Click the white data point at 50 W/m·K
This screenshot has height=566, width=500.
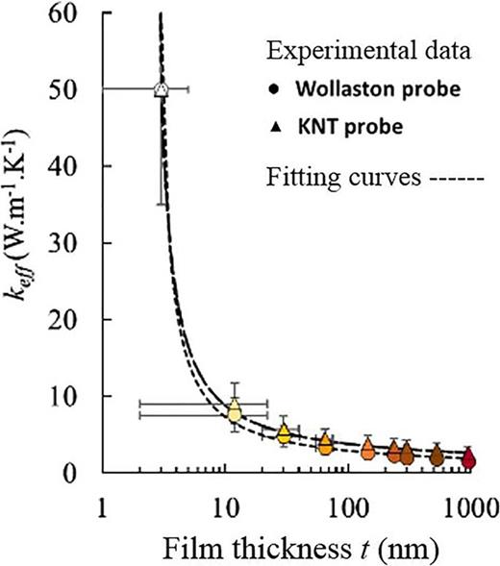(x=161, y=88)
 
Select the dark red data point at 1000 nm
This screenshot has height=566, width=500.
(x=468, y=459)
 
